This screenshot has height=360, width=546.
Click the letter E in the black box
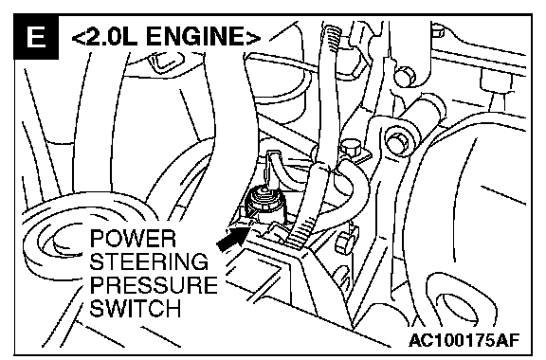(36, 37)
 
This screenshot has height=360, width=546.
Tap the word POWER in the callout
(133, 239)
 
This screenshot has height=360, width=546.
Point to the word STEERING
(149, 261)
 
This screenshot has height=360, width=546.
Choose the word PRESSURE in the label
(154, 285)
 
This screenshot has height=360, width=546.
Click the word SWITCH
(136, 308)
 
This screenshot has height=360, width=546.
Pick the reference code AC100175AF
(464, 339)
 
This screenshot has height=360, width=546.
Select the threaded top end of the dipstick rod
(332, 37)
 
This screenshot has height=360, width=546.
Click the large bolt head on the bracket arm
(397, 140)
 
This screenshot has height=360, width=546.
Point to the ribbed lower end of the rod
(302, 230)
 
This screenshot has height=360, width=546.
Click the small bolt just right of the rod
(351, 147)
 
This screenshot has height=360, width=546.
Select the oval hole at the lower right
(453, 306)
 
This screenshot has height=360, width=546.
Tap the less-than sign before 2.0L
(78, 37)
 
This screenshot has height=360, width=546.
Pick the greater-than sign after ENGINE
(253, 37)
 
